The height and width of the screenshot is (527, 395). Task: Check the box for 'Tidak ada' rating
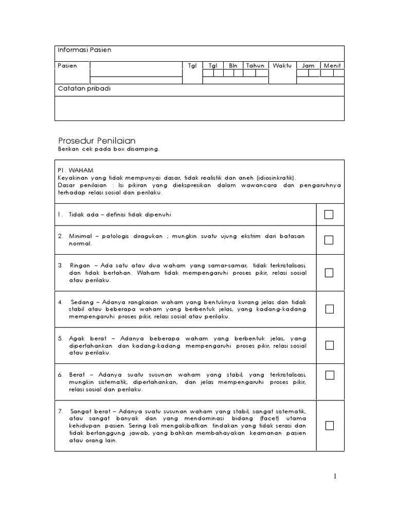[329, 214]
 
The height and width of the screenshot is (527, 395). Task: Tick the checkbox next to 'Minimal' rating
[329, 240]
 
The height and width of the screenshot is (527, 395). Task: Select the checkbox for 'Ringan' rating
[329, 273]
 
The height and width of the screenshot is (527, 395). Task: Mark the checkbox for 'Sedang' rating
[329, 309]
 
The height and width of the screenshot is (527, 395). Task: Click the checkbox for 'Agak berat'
[329, 345]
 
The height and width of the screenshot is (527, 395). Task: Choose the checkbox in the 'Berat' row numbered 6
[329, 375]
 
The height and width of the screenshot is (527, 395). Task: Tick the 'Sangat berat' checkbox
[329, 426]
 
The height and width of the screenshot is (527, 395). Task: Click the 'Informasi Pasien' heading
[84, 50]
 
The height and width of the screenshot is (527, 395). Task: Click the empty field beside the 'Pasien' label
[136, 73]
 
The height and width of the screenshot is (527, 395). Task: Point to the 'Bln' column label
[233, 66]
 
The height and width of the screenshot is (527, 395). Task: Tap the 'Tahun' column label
[255, 66]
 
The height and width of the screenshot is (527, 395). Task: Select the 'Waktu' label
[282, 66]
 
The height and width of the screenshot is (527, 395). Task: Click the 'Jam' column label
[308, 66]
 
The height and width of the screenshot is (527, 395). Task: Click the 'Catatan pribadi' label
[84, 89]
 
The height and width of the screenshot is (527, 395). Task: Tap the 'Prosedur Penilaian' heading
[96, 140]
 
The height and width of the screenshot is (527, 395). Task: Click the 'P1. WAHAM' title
[76, 168]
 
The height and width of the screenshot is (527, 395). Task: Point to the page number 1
[335, 477]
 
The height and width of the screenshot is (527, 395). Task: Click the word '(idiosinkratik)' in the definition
[278, 176]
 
